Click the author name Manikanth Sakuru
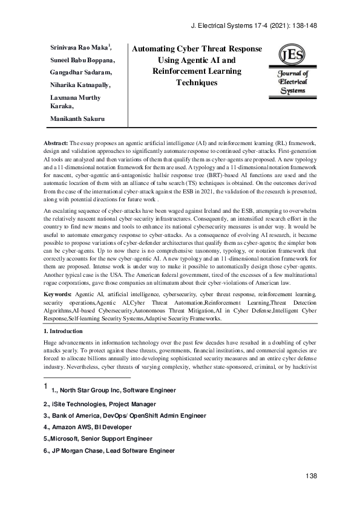tap(76, 118)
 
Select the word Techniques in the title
tap(197, 82)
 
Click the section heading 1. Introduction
tap(67, 331)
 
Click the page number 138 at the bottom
tap(311, 477)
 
